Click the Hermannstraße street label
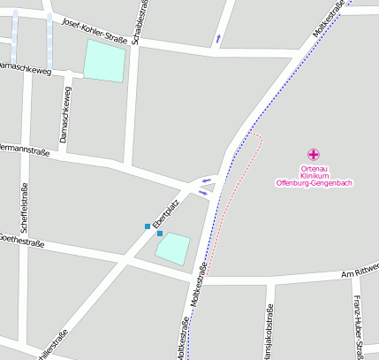22,150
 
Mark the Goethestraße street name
21,240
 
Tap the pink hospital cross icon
314,154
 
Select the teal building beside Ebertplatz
173,248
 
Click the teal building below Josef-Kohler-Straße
104,61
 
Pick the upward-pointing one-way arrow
218,38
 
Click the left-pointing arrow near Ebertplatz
206,180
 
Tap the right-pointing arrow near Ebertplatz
203,192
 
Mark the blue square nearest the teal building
160,234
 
